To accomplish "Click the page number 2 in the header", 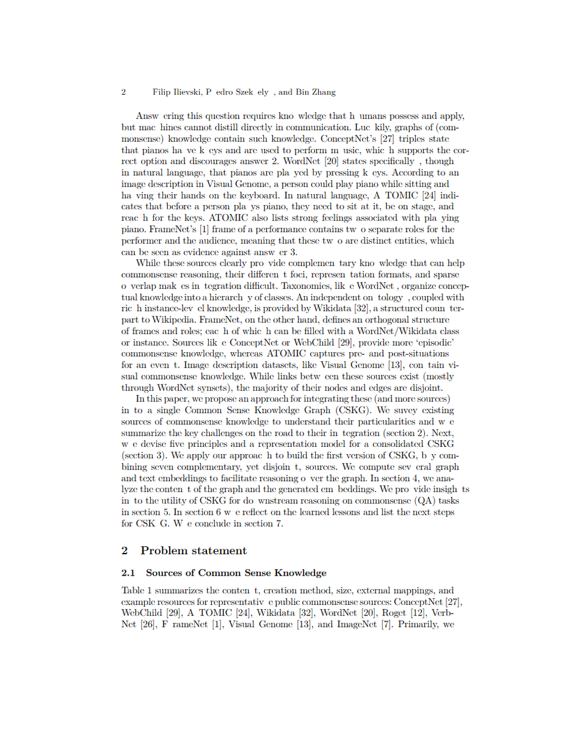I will click(124, 92).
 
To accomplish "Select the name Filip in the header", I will click(162, 92).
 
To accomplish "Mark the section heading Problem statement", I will click(194, 551).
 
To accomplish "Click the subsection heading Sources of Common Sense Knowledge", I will click(236, 573).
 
